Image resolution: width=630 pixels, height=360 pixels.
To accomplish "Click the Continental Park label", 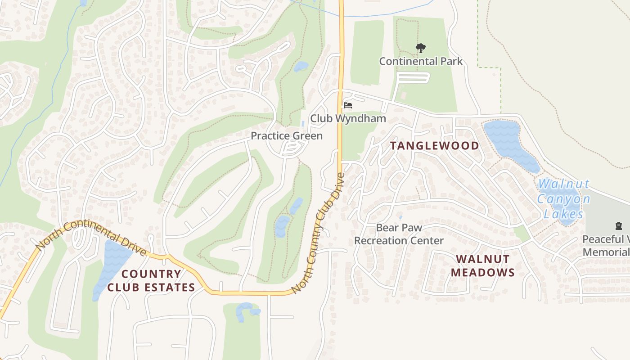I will [420, 61].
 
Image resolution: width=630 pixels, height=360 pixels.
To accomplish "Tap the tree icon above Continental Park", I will [420, 47].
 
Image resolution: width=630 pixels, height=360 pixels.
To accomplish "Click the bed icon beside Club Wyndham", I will [347, 105].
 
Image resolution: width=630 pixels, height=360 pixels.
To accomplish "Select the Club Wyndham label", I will [348, 119].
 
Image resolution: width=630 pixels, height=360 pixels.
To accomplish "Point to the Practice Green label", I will [286, 135].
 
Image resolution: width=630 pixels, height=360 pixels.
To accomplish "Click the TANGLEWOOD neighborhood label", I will [434, 145].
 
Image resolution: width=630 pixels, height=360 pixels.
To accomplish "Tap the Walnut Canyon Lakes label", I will [563, 199].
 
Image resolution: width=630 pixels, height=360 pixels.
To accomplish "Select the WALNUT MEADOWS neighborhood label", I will [482, 265].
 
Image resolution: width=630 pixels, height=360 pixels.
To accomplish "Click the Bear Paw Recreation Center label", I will [399, 234].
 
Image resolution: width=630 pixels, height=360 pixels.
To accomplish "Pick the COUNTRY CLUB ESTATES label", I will [151, 280].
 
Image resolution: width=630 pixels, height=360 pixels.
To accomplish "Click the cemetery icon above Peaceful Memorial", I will [618, 226].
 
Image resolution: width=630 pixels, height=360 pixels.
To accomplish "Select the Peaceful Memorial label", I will [606, 245].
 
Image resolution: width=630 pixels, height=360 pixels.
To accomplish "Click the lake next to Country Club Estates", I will [111, 265].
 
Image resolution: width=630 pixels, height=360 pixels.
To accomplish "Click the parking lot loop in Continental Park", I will [412, 78].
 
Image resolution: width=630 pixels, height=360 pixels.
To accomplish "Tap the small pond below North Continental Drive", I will [245, 310].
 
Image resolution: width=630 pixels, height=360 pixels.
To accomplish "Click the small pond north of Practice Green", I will [301, 67].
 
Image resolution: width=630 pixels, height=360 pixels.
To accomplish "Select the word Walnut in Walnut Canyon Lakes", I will [563, 184].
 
